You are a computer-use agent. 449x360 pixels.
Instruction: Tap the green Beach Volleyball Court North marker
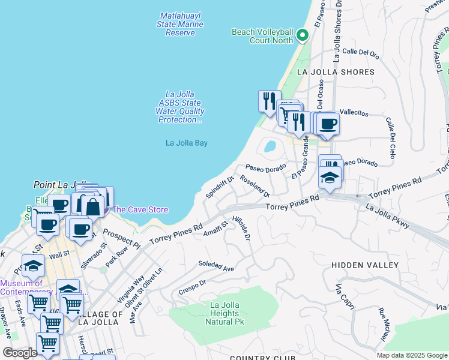tap(302, 35)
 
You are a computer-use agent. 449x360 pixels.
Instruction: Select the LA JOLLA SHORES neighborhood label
tap(336, 72)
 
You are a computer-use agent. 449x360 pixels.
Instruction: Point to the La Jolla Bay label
tap(187, 143)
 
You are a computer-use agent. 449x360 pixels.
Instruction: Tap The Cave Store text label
tap(140, 209)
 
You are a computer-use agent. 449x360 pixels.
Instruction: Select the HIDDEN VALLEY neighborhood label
tap(365, 265)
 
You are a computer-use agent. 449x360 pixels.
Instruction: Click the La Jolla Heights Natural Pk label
tap(224, 313)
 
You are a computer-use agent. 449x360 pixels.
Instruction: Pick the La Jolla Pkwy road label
tap(388, 216)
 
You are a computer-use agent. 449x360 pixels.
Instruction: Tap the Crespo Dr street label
tap(193, 287)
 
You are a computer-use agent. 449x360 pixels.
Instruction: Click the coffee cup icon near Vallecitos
tap(328, 124)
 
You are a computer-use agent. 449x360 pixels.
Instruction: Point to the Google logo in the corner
tap(20, 353)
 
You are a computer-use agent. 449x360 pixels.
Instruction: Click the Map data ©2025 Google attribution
tap(411, 355)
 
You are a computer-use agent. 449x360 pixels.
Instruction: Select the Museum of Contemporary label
tap(22, 287)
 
